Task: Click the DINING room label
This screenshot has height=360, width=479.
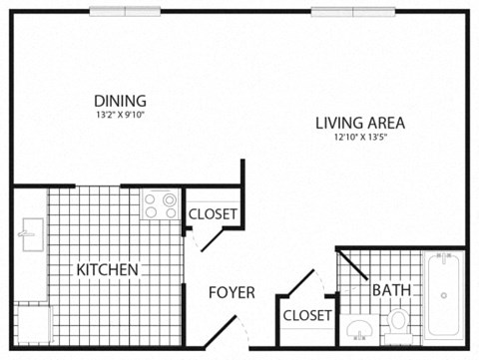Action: pos(120,100)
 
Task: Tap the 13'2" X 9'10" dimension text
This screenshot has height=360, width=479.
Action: pos(120,115)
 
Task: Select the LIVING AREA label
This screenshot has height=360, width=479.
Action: pos(359,124)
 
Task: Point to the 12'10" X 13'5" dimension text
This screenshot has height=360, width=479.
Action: pos(359,139)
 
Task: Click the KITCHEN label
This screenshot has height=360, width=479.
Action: pos(108,270)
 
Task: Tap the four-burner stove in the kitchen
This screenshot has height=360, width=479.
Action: pos(160,205)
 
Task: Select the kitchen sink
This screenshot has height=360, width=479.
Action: pos(27,236)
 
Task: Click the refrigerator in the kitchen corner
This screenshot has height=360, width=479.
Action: pos(30,321)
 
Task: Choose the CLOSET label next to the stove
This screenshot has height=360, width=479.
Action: pos(213,213)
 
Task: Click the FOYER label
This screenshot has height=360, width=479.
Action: pos(231,292)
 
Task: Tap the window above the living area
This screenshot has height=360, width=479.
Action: pos(349,11)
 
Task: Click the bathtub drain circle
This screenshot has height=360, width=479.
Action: pos(443,295)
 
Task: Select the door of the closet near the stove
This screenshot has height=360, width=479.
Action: pos(205,239)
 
